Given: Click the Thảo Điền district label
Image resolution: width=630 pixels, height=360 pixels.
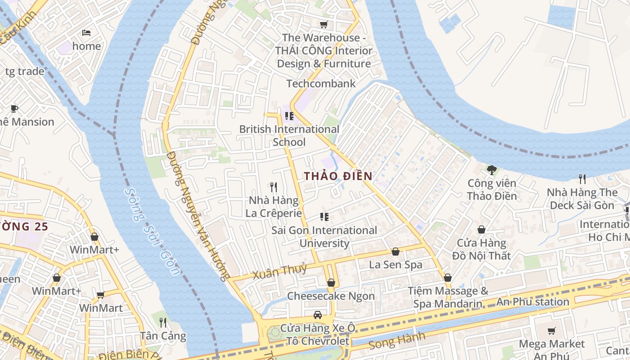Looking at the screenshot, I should pyautogui.click(x=338, y=176).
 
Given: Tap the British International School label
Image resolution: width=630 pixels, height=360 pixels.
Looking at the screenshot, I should pyautogui.click(x=289, y=135).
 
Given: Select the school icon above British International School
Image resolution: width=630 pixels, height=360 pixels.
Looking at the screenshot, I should pyautogui.click(x=289, y=116).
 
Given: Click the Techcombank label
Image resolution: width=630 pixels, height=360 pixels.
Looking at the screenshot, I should pyautogui.click(x=321, y=83).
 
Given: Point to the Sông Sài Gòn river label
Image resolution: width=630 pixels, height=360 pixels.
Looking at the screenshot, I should pyautogui.click(x=152, y=231).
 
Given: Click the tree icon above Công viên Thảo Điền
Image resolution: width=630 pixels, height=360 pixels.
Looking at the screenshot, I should pyautogui.click(x=491, y=170).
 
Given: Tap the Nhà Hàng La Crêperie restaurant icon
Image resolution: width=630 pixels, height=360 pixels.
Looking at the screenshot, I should pyautogui.click(x=273, y=187).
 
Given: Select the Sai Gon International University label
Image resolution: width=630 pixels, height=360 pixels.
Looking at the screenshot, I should pyautogui.click(x=324, y=237).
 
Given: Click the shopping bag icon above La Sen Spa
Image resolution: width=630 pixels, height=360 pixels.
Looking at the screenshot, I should pyautogui.click(x=396, y=252).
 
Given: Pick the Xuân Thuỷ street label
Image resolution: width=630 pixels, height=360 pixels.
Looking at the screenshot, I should pyautogui.click(x=279, y=272).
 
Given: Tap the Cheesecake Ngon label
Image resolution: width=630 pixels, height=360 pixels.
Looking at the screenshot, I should pyautogui.click(x=331, y=296).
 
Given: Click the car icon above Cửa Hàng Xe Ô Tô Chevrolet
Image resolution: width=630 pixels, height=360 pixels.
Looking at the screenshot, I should pyautogui.click(x=318, y=315).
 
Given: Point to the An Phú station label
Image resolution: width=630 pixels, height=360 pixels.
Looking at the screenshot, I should pyautogui.click(x=532, y=302).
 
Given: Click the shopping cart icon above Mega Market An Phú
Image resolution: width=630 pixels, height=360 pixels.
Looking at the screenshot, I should pyautogui.click(x=551, y=331).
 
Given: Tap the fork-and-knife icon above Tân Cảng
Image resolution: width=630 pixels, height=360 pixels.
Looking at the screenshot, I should pyautogui.click(x=163, y=322).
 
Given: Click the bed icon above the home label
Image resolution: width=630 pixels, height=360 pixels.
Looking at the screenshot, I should pyautogui.click(x=86, y=33).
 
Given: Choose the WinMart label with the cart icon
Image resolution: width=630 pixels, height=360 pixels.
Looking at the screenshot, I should pyautogui.click(x=101, y=308).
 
